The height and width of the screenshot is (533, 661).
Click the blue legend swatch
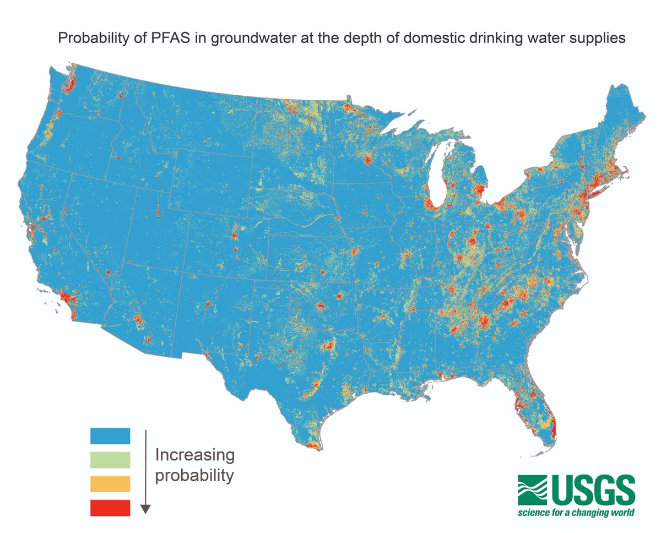pyautogui.click(x=110, y=436)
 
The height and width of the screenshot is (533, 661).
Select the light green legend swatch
pyautogui.click(x=110, y=460)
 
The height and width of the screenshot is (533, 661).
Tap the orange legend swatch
pyautogui.click(x=110, y=483)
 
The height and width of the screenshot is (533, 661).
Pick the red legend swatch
pyautogui.click(x=110, y=508)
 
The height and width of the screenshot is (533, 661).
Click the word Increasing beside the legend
pyautogui.click(x=194, y=455)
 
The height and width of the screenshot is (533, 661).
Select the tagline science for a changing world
pyautogui.click(x=575, y=513)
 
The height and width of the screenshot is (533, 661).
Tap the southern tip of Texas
pyautogui.click(x=312, y=446)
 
